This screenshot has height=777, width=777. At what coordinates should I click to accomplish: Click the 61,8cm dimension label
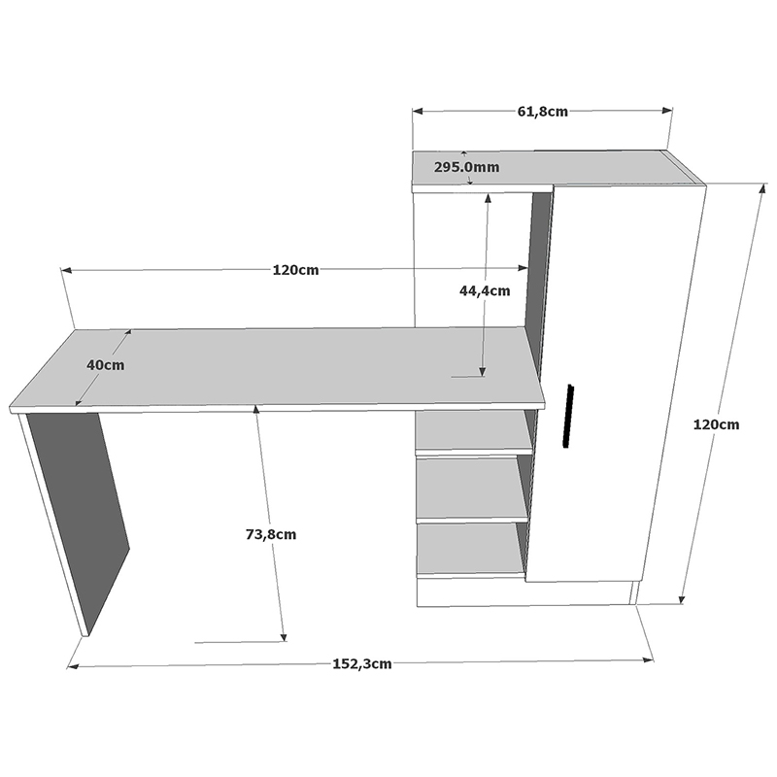point(542,112)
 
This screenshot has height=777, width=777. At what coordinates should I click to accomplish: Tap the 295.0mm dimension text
point(466,167)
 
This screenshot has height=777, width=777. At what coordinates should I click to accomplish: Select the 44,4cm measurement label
point(485,289)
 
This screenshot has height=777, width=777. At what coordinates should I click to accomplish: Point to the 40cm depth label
point(105,365)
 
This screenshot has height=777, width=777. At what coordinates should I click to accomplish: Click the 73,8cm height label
point(271,533)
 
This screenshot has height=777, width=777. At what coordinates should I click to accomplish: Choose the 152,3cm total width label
point(361,664)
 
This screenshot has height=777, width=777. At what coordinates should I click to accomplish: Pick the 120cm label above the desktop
point(295,270)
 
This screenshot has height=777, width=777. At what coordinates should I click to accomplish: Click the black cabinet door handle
point(570,417)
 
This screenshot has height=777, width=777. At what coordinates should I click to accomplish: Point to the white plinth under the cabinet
point(524,592)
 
